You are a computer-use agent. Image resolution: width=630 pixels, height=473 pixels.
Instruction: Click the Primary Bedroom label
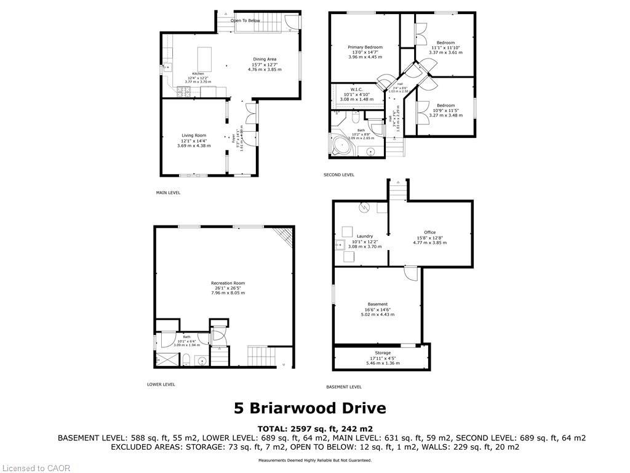tap(365, 47)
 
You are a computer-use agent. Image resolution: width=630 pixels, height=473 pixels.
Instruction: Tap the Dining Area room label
tap(265, 59)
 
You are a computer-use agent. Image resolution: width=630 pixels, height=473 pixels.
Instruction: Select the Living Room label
tap(194, 135)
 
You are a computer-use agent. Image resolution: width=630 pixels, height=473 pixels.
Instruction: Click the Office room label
tap(429, 232)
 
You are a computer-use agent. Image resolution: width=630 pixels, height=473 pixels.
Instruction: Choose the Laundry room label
tap(365, 236)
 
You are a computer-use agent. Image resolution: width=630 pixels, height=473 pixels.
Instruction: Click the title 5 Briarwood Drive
tap(310, 408)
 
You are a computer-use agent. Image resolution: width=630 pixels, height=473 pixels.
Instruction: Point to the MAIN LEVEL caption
tap(168, 193)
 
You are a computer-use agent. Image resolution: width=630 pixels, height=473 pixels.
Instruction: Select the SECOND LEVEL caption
tap(339, 175)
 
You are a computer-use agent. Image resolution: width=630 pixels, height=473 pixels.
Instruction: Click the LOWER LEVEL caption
tap(161, 384)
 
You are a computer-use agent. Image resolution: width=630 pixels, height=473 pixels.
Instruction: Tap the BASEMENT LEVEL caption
tap(343, 387)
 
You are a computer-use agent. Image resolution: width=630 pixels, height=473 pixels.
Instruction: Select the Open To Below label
tap(245, 20)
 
